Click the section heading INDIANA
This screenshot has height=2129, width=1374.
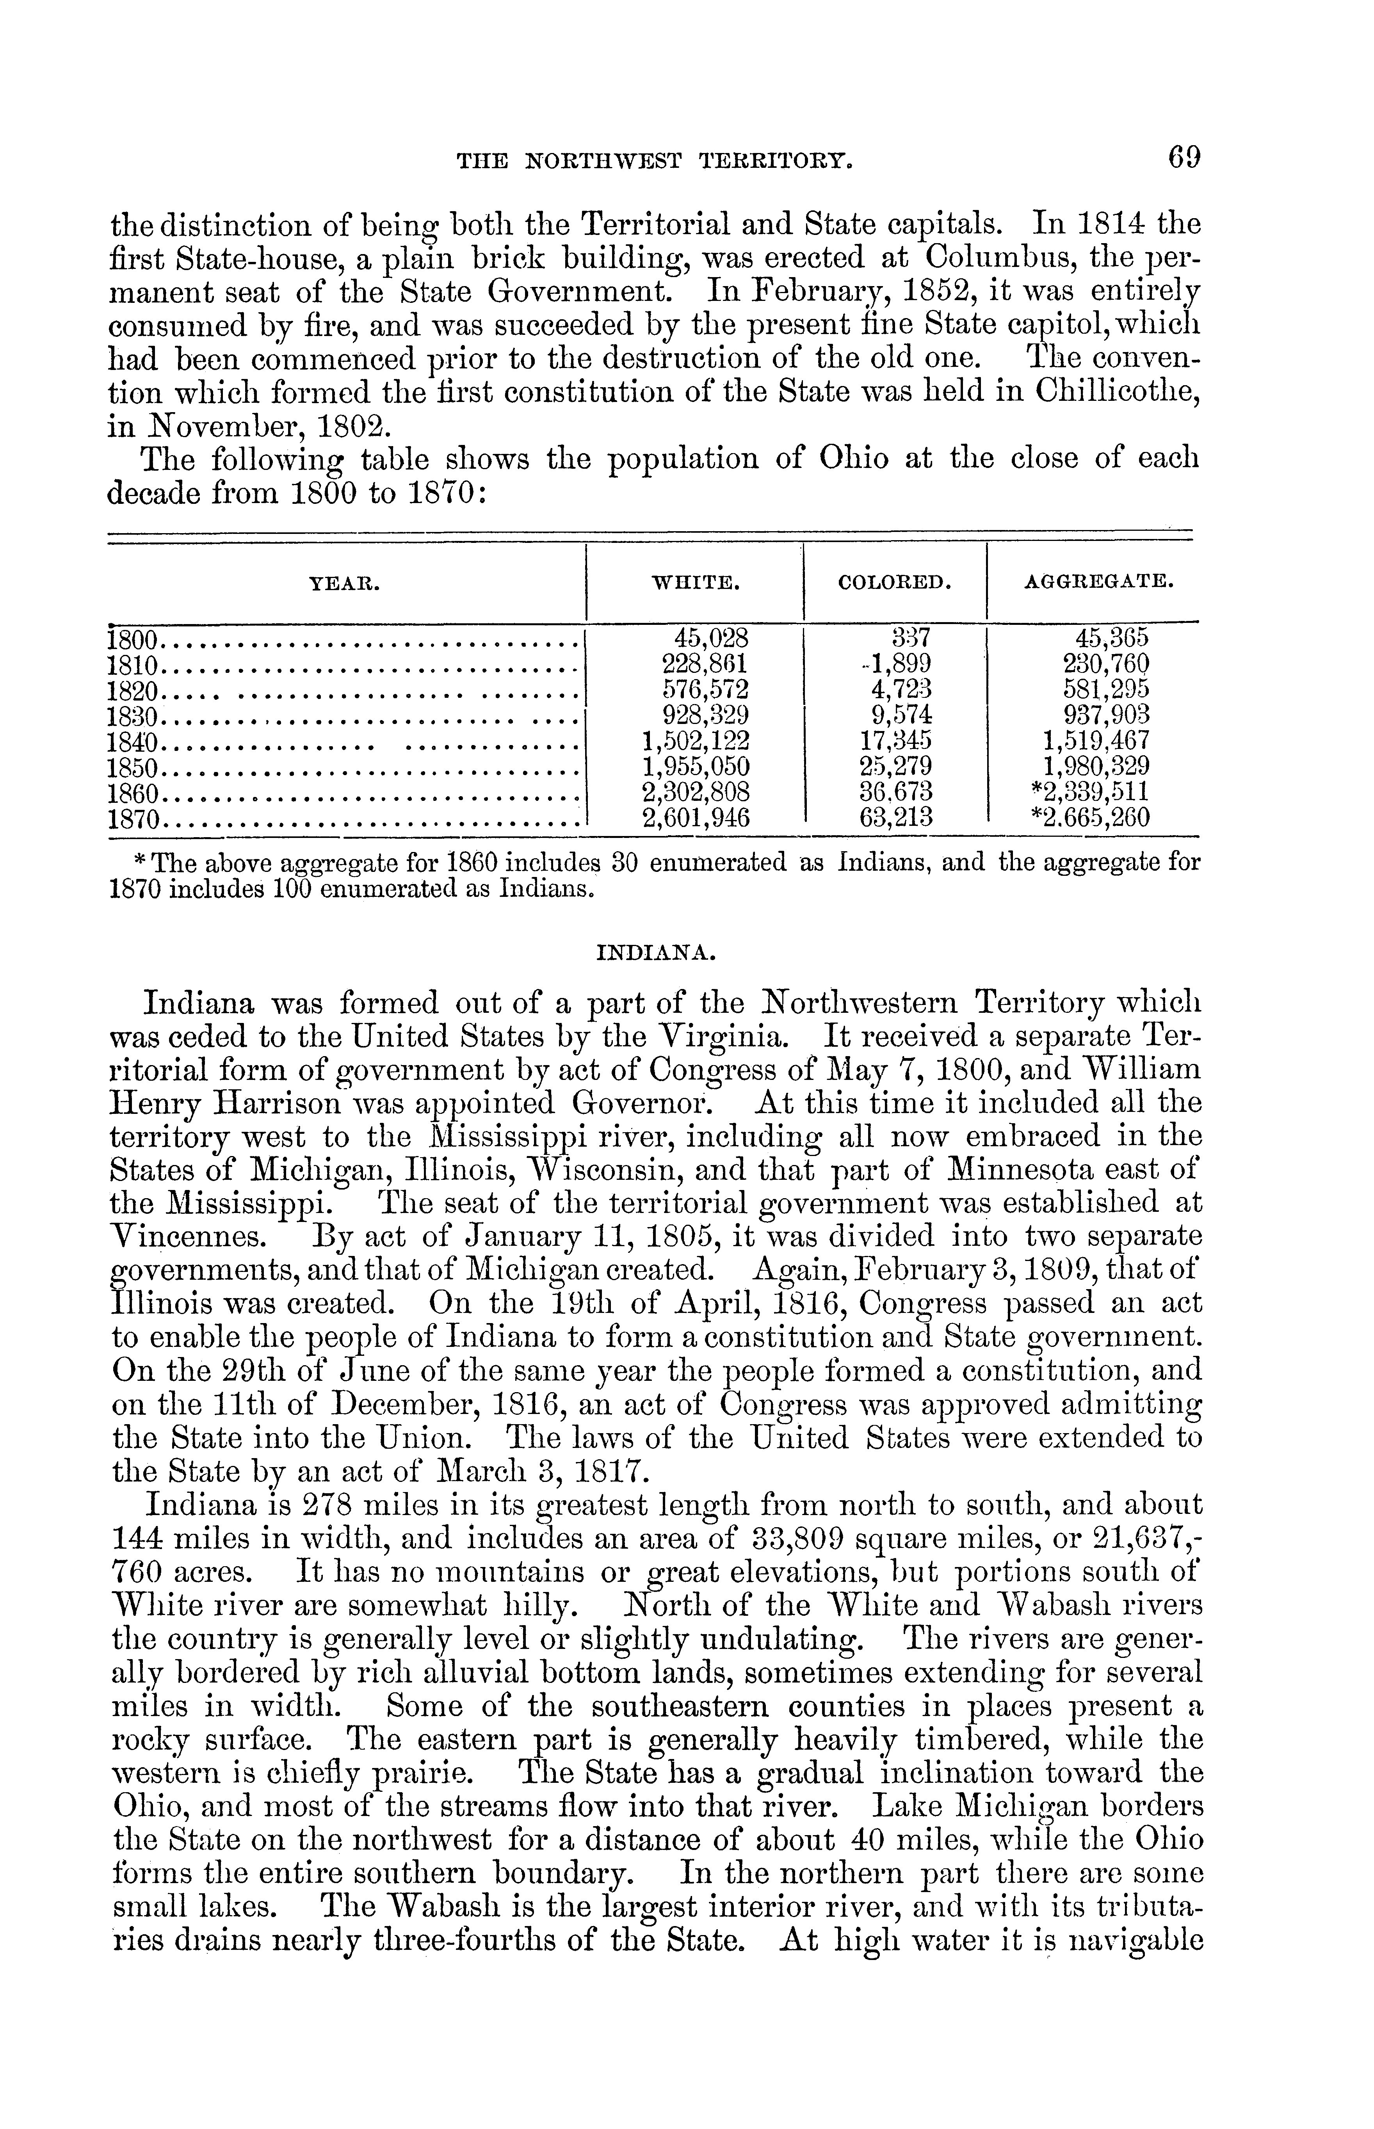(x=654, y=953)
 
